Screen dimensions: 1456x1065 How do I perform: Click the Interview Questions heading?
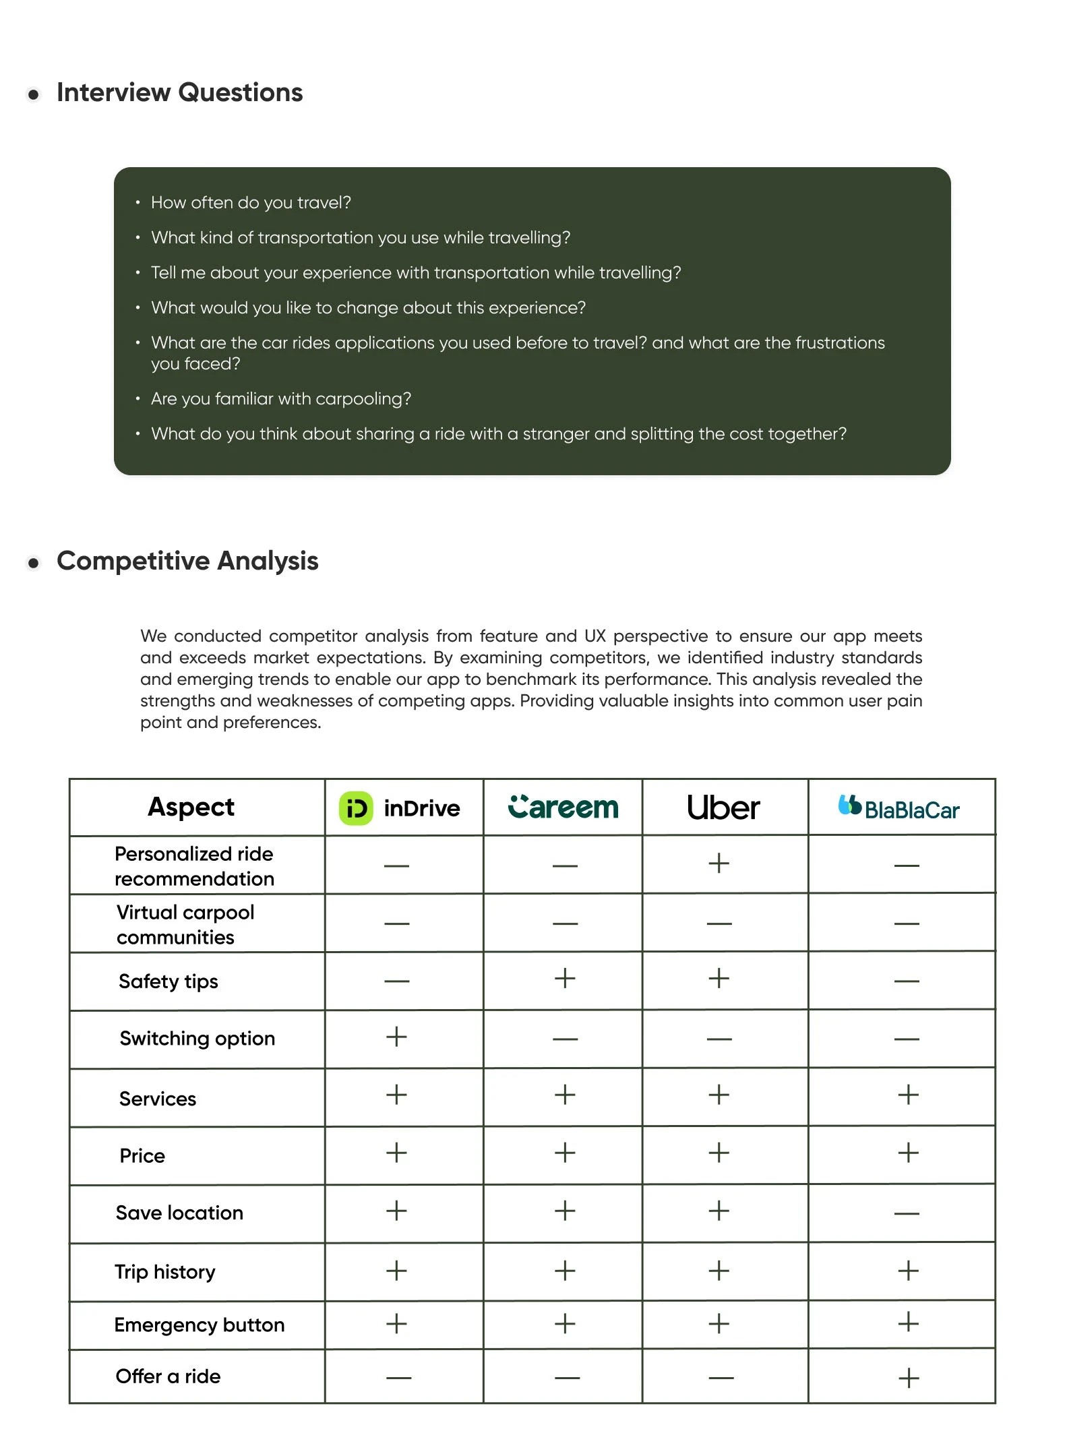coord(179,92)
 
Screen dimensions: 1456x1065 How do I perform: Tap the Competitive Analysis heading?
coord(187,561)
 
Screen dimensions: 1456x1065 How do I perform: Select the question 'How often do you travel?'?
coord(251,203)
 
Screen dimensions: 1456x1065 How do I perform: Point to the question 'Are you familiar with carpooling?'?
coord(280,399)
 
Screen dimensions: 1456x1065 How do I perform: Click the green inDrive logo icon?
coord(356,808)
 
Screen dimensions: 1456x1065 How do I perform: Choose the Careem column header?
coord(563,808)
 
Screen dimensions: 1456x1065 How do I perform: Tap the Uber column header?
coord(723,808)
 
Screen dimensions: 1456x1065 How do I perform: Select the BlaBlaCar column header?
coord(899,808)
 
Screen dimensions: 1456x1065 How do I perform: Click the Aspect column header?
coord(191,808)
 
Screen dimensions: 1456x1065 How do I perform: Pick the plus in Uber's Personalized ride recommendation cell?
coord(719,863)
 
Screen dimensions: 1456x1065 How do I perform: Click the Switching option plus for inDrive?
coord(396,1037)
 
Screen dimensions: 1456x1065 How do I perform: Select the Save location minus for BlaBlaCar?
coord(907,1214)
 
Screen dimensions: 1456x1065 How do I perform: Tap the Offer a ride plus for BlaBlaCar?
coord(909,1378)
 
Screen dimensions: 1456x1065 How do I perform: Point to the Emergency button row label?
coord(200,1325)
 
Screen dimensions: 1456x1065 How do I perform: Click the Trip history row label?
coord(165,1272)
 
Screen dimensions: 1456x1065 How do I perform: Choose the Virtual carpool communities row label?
coord(185,925)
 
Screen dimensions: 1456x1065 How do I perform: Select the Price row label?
coord(142,1156)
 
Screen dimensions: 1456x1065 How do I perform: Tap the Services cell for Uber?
coord(719,1095)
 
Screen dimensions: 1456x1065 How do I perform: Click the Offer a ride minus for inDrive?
coord(398,1378)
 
